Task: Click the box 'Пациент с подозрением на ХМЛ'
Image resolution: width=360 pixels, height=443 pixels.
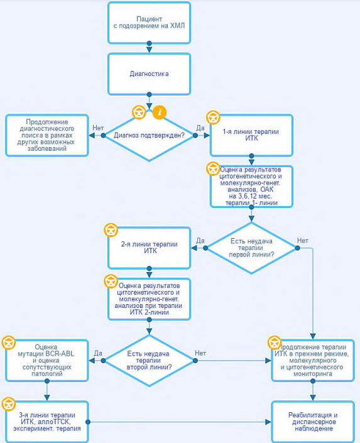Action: [149, 23]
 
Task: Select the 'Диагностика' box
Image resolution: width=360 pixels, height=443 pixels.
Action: [149, 74]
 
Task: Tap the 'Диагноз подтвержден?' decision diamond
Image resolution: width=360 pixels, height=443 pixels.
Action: [149, 135]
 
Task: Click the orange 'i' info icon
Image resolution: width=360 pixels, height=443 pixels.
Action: [160, 112]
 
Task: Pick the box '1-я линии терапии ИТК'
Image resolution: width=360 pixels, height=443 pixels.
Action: [251, 135]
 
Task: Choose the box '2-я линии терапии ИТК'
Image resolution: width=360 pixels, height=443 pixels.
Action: [149, 248]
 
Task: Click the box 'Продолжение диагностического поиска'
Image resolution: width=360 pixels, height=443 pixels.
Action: [47, 135]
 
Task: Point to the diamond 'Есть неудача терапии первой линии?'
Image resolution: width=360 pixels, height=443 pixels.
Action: [251, 248]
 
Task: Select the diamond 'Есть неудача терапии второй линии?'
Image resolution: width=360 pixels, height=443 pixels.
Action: [149, 361]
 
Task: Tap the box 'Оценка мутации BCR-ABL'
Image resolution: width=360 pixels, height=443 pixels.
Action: [47, 361]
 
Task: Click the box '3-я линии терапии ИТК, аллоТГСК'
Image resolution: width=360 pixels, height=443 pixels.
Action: [47, 422]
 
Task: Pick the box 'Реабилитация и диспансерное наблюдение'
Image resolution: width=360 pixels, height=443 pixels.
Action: [313, 422]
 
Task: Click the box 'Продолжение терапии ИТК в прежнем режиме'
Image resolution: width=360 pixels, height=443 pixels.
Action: [313, 361]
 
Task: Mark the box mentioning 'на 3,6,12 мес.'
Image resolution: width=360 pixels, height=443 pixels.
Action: [251, 187]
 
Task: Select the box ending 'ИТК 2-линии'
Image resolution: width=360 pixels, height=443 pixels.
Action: [149, 299]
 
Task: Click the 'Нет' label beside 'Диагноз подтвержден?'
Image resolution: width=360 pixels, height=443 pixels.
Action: [98, 128]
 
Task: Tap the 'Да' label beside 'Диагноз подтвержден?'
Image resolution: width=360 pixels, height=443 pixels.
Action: [200, 128]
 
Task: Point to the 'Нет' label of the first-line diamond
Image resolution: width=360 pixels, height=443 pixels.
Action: [302, 241]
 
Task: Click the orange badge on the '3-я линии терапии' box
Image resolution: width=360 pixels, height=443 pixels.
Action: [8, 404]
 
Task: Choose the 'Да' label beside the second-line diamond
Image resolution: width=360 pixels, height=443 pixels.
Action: [98, 353]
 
